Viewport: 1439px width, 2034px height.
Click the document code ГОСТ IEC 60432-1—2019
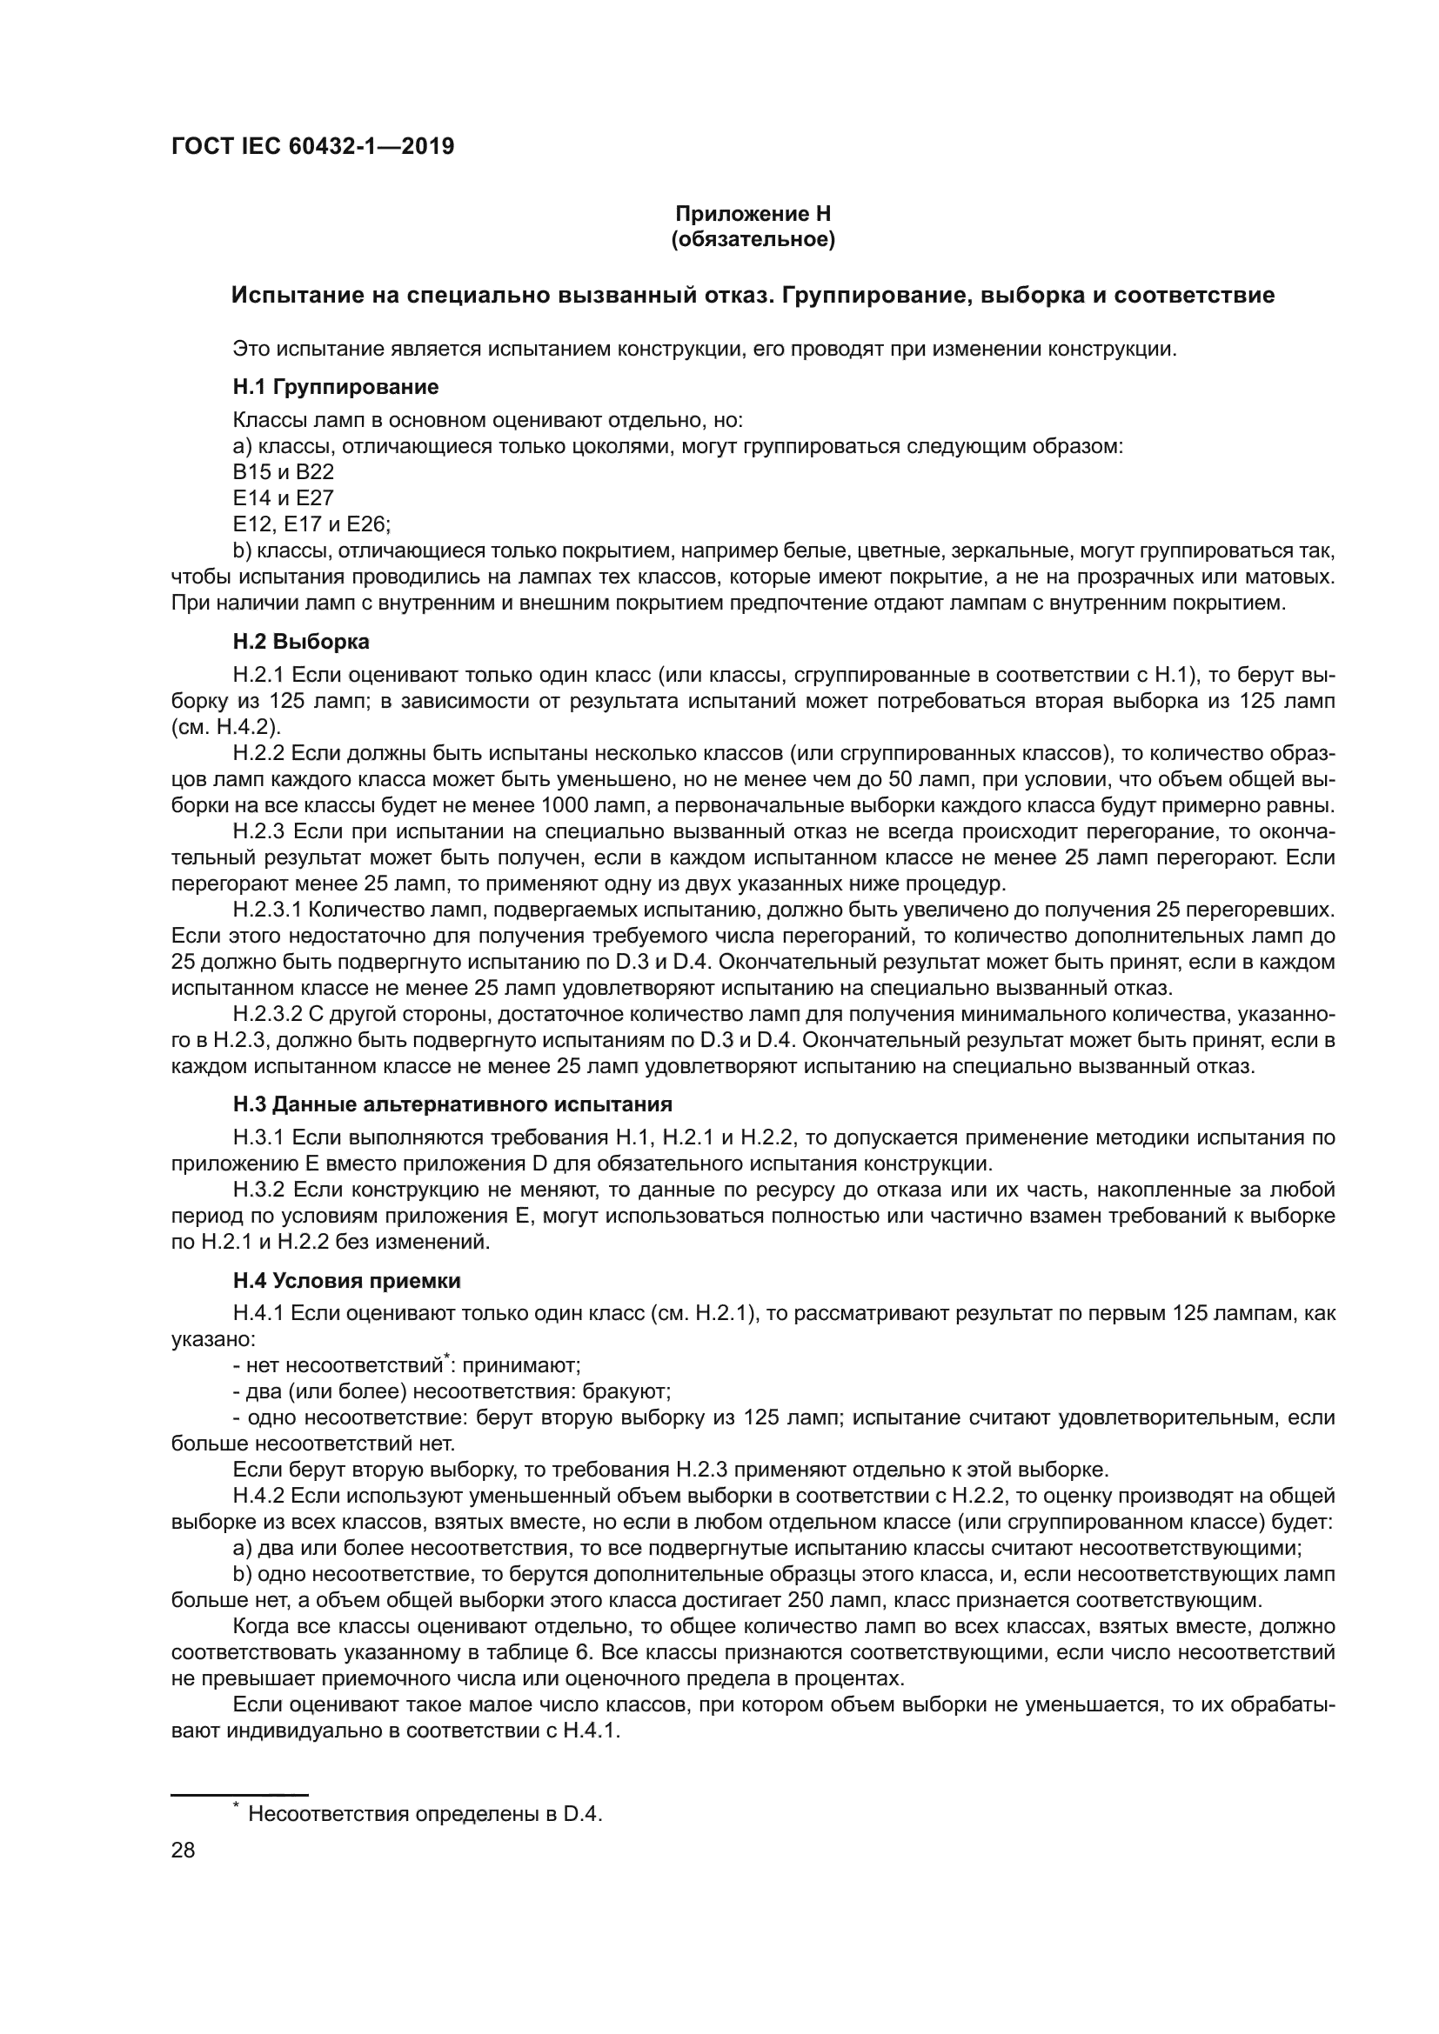coord(313,146)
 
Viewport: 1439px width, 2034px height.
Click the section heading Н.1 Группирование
coord(336,387)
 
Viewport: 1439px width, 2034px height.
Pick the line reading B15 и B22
coord(283,471)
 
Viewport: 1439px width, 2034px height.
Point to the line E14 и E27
coord(283,498)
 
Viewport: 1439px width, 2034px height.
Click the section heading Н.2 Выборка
coord(301,642)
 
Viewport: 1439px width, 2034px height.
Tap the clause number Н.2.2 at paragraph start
coord(258,754)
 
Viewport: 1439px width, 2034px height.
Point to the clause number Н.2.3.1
coord(267,910)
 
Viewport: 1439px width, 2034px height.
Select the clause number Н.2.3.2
coord(267,1013)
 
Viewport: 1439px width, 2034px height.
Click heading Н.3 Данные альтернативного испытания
coord(452,1104)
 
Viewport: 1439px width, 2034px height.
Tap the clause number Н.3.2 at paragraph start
coord(258,1190)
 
